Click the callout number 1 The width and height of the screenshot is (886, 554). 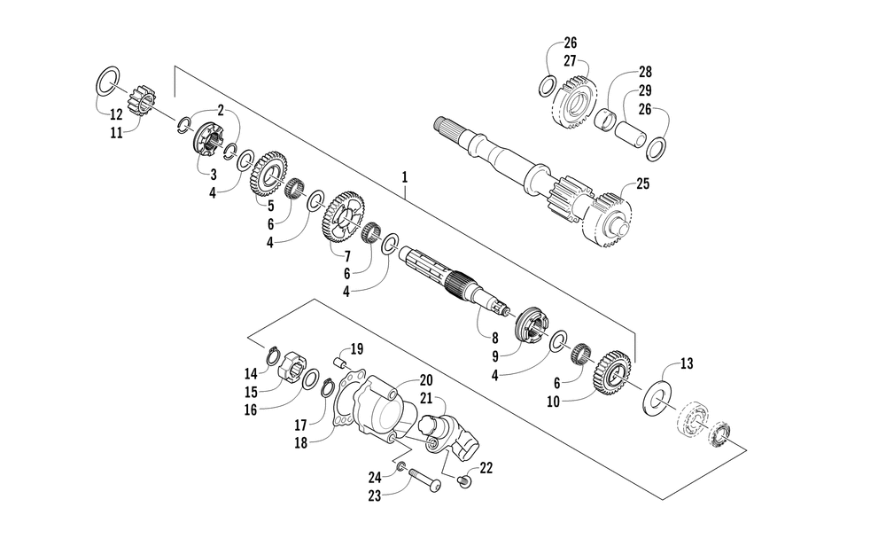click(x=404, y=177)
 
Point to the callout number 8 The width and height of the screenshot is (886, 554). click(x=494, y=337)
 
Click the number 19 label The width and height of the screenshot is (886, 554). click(x=357, y=347)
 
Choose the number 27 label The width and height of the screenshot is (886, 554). click(x=570, y=60)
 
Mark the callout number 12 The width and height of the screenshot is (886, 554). click(x=116, y=114)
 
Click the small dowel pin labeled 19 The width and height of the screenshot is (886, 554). click(x=338, y=362)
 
